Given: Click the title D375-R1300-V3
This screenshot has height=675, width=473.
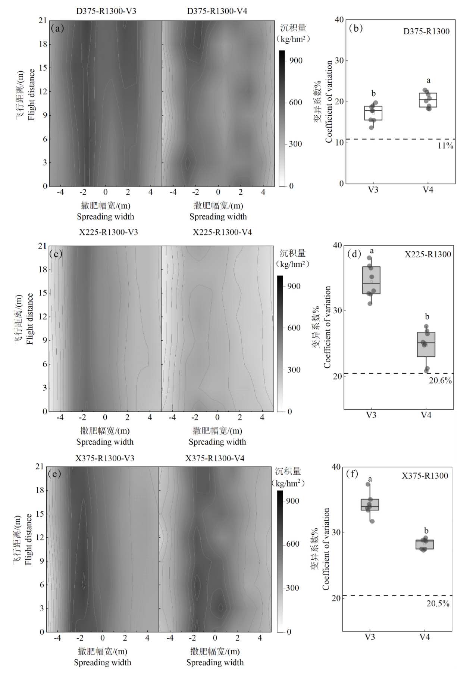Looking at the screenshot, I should pyautogui.click(x=106, y=11).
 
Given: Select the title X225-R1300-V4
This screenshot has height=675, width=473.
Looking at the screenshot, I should pyautogui.click(x=222, y=232).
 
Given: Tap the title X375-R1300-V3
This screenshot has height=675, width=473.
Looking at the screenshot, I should pyautogui.click(x=105, y=458).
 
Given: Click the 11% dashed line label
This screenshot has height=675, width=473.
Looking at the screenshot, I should pyautogui.click(x=445, y=146).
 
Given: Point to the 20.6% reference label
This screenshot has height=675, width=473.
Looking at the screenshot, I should pyautogui.click(x=440, y=381).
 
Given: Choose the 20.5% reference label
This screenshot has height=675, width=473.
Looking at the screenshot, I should pyautogui.click(x=438, y=603).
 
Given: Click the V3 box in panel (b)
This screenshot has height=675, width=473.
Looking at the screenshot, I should pyautogui.click(x=373, y=113).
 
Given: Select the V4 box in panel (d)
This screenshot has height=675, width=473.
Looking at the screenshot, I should pyautogui.click(x=426, y=344).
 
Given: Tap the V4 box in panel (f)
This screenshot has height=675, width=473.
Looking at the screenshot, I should pyautogui.click(x=425, y=544).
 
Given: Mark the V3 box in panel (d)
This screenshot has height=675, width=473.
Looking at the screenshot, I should pyautogui.click(x=371, y=280).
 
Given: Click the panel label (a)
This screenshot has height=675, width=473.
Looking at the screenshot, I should pyautogui.click(x=57, y=28).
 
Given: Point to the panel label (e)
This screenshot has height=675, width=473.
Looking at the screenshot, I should pyautogui.click(x=54, y=474).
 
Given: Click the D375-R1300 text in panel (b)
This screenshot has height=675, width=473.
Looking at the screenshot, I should pyautogui.click(x=426, y=32).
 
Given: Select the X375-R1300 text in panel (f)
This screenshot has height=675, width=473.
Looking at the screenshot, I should pyautogui.click(x=425, y=476).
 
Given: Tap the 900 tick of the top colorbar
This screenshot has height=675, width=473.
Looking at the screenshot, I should pyautogui.click(x=296, y=61).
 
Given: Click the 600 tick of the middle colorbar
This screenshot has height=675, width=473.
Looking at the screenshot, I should pyautogui.click(x=294, y=328).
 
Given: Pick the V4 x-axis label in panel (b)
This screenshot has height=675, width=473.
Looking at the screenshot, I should pyautogui.click(x=428, y=190).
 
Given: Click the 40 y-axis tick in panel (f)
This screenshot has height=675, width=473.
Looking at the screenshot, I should pyautogui.click(x=336, y=467).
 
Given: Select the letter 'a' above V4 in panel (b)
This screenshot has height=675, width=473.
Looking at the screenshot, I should pyautogui.click(x=428, y=81).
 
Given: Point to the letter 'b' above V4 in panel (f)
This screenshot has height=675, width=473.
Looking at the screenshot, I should pyautogui.click(x=426, y=531).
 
